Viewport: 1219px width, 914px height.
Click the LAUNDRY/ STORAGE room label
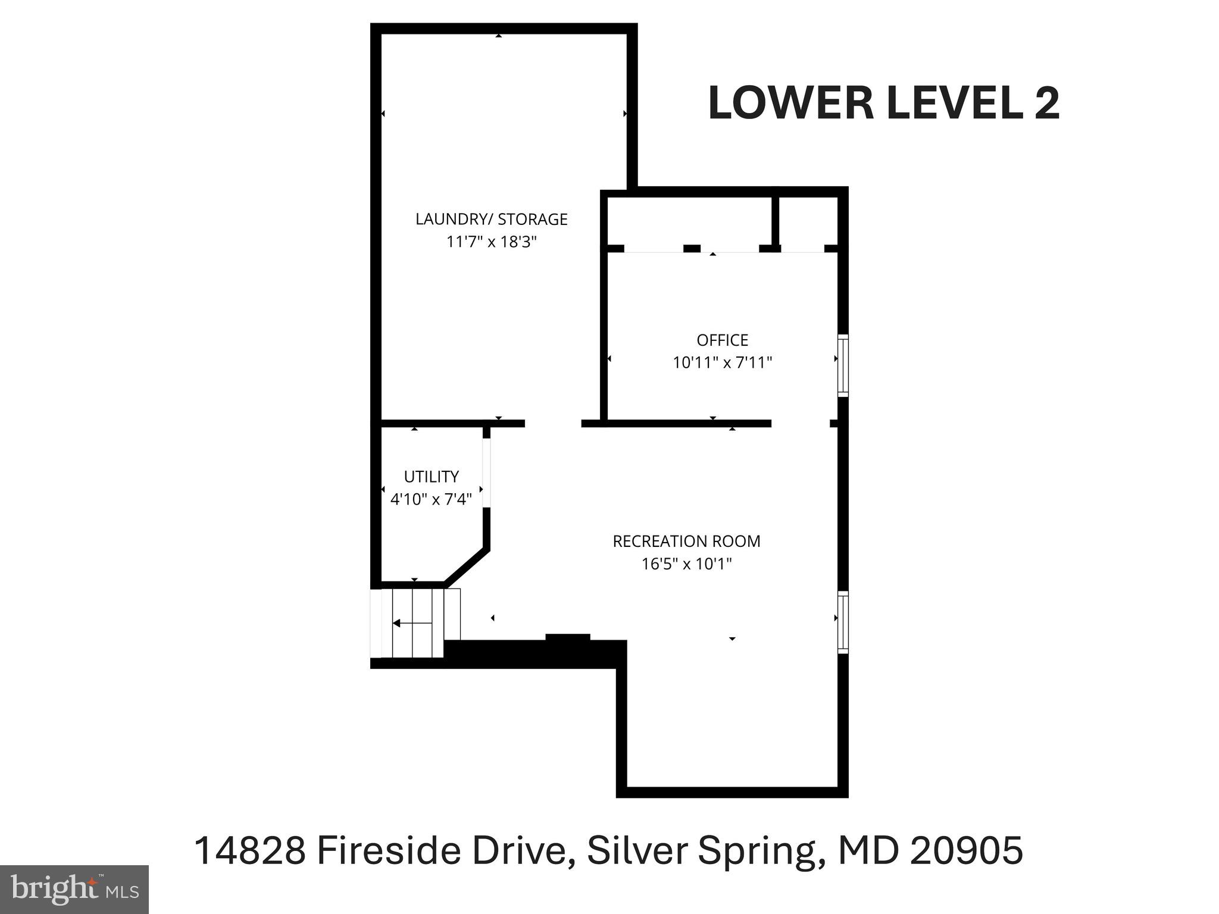pos(491,220)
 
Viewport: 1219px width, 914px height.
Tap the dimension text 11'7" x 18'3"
pos(492,242)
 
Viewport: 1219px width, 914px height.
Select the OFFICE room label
pos(722,340)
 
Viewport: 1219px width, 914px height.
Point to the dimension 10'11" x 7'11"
pos(722,362)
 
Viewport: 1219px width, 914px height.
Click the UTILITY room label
pos(431,477)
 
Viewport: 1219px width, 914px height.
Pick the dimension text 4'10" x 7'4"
pos(431,499)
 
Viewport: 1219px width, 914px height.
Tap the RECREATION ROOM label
pos(686,541)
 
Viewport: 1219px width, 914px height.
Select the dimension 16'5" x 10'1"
pos(686,564)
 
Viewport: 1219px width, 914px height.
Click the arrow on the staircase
pos(411,623)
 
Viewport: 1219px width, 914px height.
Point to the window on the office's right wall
pos(843,365)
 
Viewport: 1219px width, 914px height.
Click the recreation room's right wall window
pos(843,622)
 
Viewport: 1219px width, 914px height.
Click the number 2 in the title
pos(1046,104)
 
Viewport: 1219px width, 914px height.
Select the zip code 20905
pos(966,851)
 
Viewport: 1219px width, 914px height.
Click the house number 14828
pos(250,851)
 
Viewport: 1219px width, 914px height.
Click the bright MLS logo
pos(74,889)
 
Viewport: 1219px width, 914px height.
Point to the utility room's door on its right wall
pos(486,473)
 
